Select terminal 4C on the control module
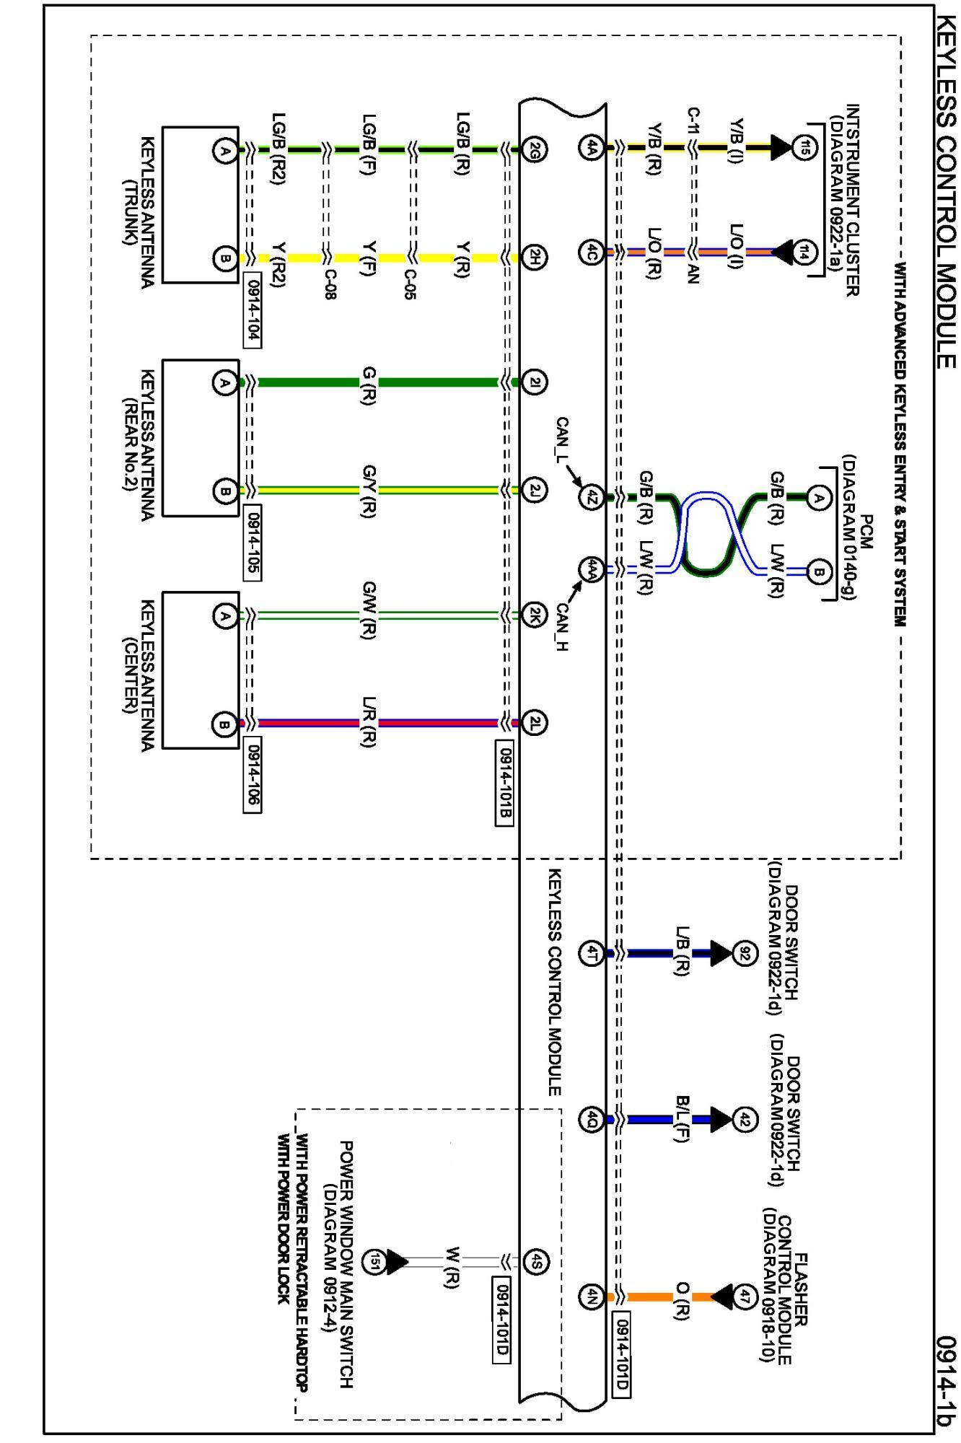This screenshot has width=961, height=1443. click(x=589, y=253)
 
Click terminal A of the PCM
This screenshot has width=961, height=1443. click(x=818, y=496)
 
